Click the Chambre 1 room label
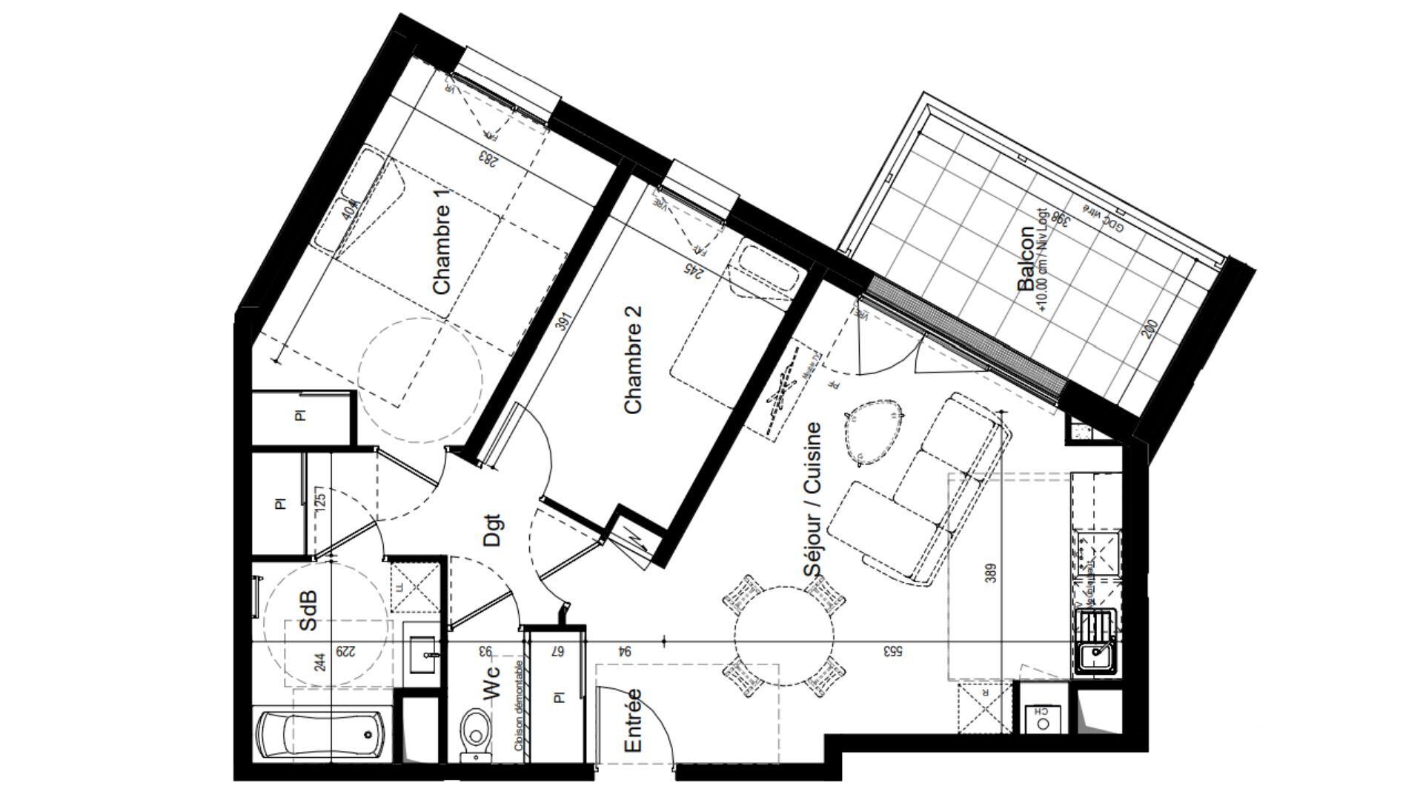click(x=442, y=250)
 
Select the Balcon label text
click(x=1026, y=259)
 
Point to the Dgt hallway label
click(x=492, y=531)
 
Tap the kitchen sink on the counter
click(x=1094, y=655)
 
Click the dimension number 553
click(x=891, y=651)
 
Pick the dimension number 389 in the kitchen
click(x=992, y=572)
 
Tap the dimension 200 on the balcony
click(x=1150, y=329)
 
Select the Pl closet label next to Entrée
click(x=559, y=697)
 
